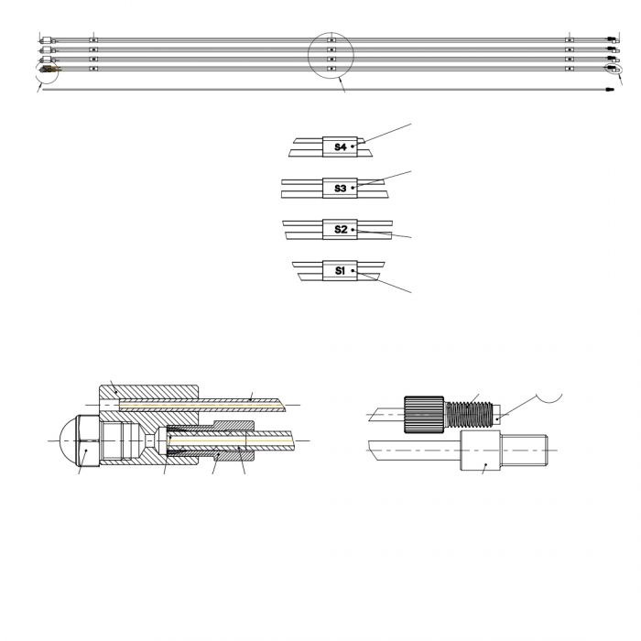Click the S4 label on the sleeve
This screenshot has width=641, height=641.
click(340, 147)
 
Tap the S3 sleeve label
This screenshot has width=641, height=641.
click(340, 189)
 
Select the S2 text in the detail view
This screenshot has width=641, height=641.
click(340, 229)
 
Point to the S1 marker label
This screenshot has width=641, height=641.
click(340, 271)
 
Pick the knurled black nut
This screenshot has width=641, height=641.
click(424, 415)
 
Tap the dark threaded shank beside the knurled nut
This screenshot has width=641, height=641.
click(469, 415)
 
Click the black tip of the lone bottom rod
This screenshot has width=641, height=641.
click(610, 90)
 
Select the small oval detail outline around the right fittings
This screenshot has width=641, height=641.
click(614, 70)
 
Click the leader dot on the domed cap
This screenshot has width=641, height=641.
click(86, 451)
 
